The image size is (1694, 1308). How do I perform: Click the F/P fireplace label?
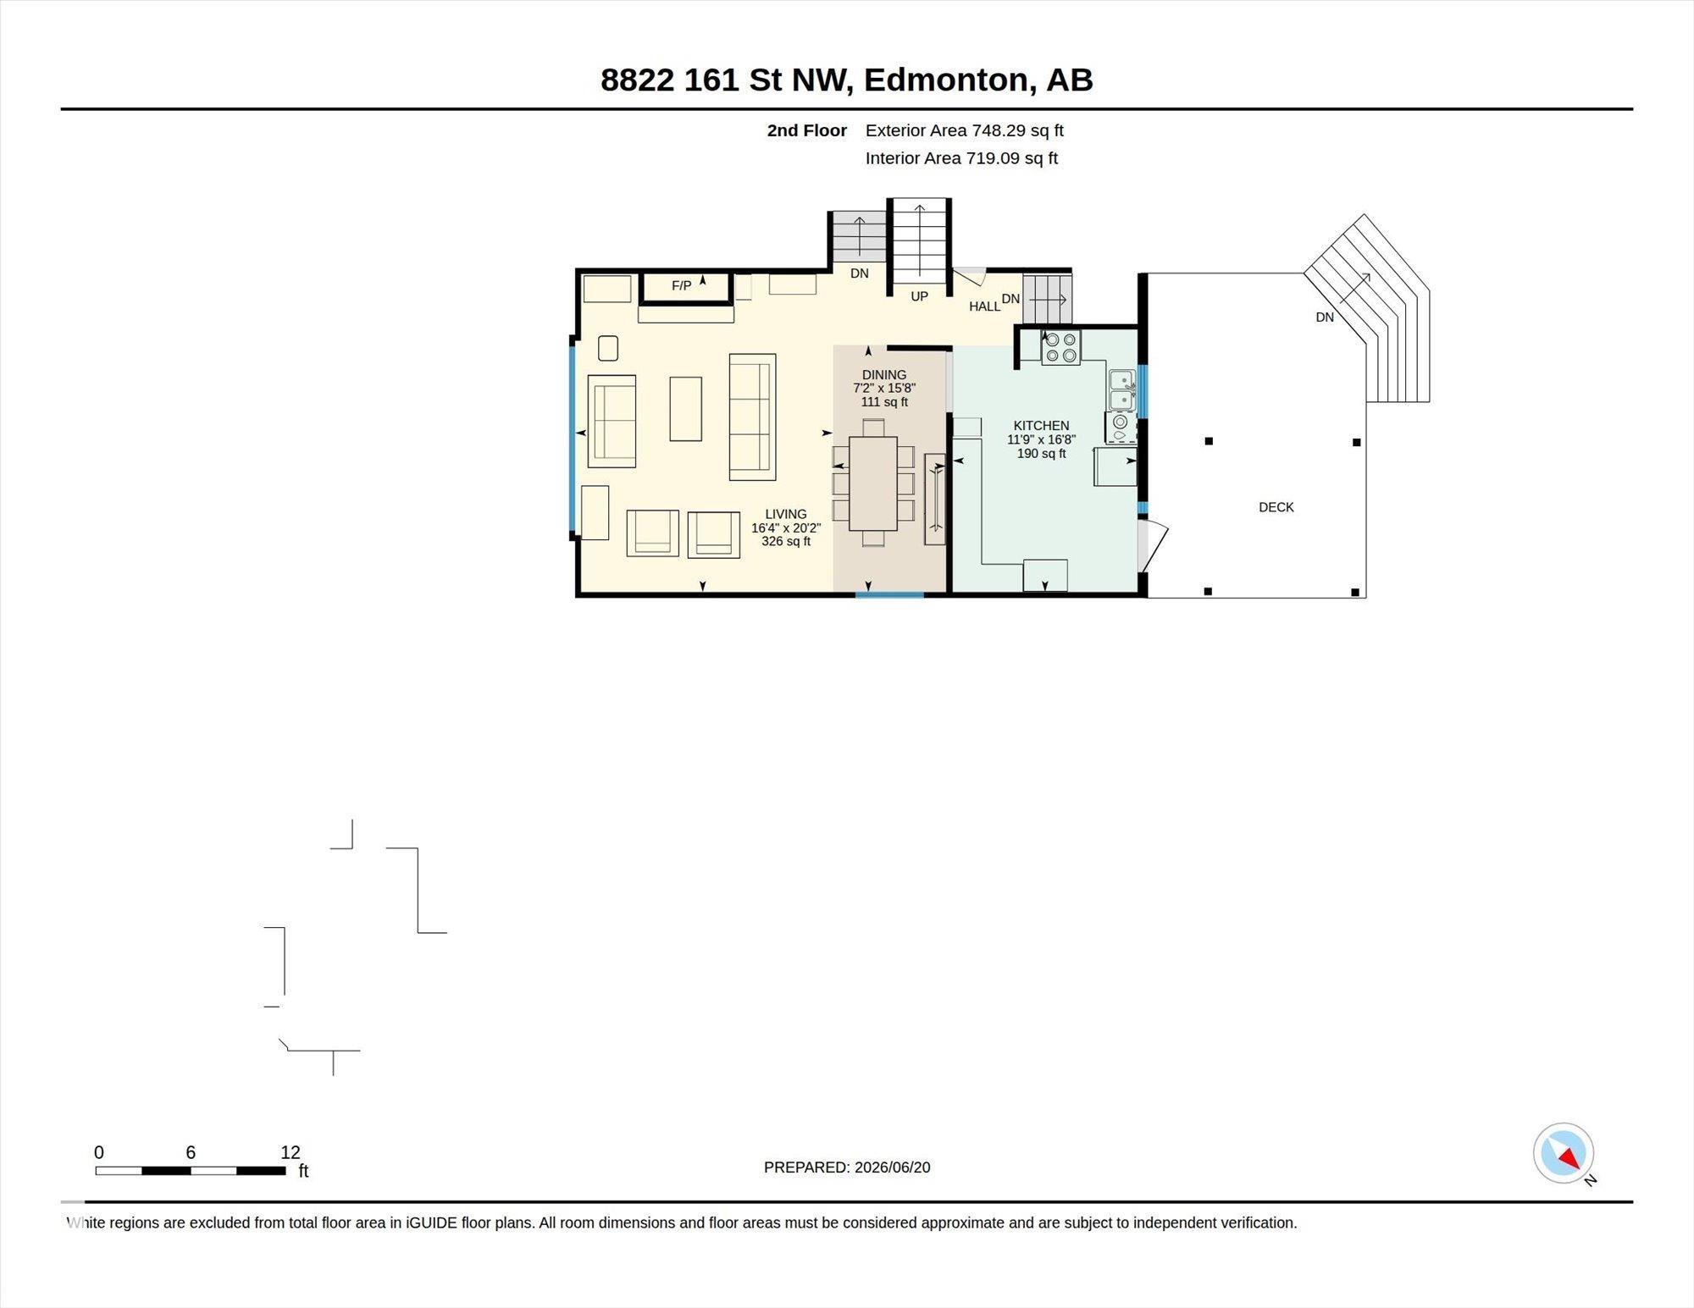click(681, 286)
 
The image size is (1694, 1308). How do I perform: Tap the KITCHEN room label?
click(1041, 426)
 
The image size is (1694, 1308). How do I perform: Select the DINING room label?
click(883, 375)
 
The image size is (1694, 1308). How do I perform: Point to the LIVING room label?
click(785, 514)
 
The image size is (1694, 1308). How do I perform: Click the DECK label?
click(1276, 507)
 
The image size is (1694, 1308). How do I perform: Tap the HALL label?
click(984, 306)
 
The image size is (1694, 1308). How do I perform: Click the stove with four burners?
click(1060, 347)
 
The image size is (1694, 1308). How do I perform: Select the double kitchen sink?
click(1121, 390)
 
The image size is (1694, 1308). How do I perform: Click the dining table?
click(872, 483)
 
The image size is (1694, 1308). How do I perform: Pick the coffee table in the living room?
click(685, 409)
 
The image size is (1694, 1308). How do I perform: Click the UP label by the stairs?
click(919, 296)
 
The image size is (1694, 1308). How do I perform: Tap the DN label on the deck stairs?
click(1325, 317)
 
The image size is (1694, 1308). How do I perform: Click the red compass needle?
click(1569, 1158)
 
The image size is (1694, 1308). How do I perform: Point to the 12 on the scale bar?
click(291, 1152)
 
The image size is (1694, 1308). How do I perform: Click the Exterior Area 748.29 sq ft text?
click(964, 130)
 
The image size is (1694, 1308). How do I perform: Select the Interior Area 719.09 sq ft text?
click(961, 158)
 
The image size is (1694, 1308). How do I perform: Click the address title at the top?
click(847, 80)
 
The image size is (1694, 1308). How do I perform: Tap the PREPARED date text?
click(847, 1167)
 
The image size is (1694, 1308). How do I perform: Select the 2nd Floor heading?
click(806, 130)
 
